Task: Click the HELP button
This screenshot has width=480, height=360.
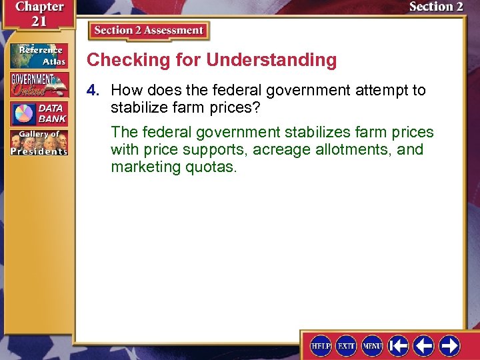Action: click(321, 346)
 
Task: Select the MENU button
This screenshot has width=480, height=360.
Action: click(372, 346)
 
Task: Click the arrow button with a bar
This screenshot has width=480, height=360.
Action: click(399, 346)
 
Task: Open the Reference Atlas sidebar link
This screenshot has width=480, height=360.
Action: click(38, 55)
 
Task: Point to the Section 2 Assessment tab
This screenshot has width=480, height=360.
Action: click(148, 31)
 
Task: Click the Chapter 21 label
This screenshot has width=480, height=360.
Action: click(37, 13)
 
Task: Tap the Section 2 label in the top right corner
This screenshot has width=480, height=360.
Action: click(435, 7)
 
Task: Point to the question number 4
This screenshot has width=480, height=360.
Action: click(97, 90)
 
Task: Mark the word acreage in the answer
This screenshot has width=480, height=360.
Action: click(279, 149)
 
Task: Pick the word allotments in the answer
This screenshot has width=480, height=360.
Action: click(351, 149)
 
